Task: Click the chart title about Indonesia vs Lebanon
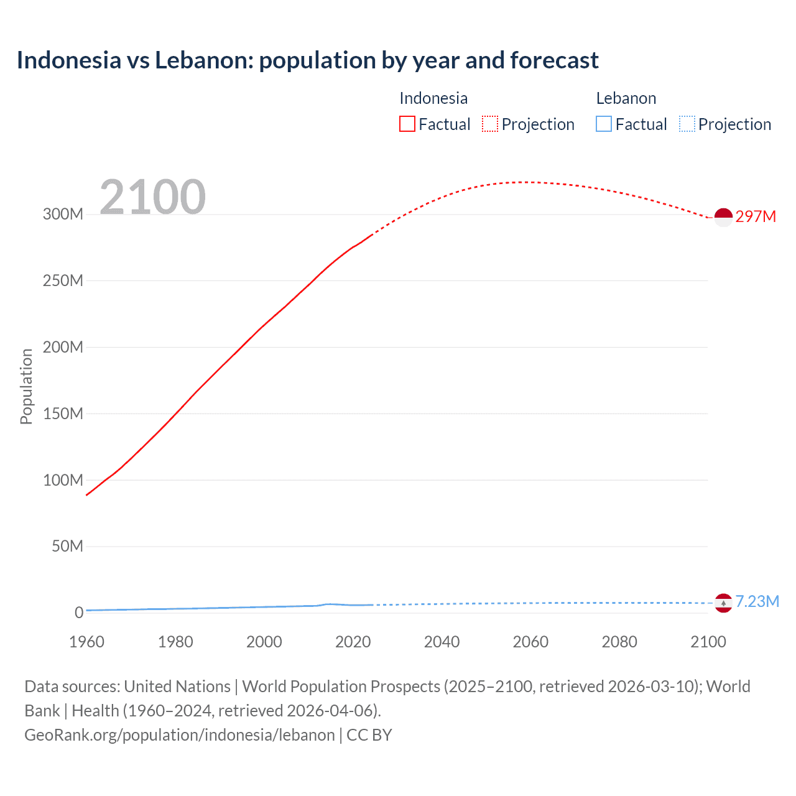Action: pyautogui.click(x=307, y=60)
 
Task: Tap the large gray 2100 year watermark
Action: pyautogui.click(x=152, y=197)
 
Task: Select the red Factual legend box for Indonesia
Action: pyautogui.click(x=407, y=124)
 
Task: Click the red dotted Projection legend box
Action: pyautogui.click(x=490, y=124)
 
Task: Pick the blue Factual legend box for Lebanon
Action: pyautogui.click(x=604, y=124)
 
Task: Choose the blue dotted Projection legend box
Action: pyautogui.click(x=687, y=124)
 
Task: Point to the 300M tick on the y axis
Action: pyautogui.click(x=63, y=214)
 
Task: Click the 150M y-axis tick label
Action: pyautogui.click(x=63, y=414)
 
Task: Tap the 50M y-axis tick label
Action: pyautogui.click(x=67, y=546)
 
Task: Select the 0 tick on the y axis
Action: pyautogui.click(x=79, y=613)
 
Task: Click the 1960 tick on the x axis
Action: pyautogui.click(x=86, y=642)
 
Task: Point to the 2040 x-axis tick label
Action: pyautogui.click(x=442, y=642)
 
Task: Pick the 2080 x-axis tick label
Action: pyautogui.click(x=619, y=642)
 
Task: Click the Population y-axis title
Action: pyautogui.click(x=26, y=386)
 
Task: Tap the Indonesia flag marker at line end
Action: pyautogui.click(x=723, y=218)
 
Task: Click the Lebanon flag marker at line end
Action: pyautogui.click(x=723, y=603)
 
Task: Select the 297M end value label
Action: pyautogui.click(x=756, y=216)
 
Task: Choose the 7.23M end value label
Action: pyautogui.click(x=757, y=601)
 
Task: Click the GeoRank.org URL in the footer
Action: pyautogui.click(x=180, y=734)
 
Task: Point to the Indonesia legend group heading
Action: pyautogui.click(x=433, y=98)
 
